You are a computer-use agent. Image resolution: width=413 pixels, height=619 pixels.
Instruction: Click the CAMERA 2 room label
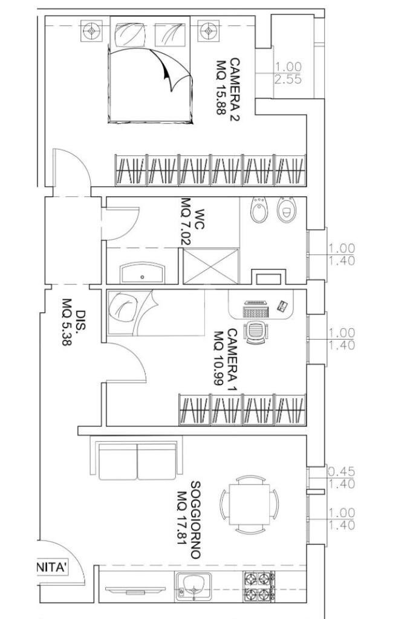tap(235, 89)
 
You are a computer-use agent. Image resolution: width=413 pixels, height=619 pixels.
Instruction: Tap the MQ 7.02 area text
tap(186, 221)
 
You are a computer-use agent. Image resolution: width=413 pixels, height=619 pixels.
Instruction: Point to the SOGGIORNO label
tap(195, 519)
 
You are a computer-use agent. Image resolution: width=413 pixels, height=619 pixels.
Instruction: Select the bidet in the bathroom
tap(259, 210)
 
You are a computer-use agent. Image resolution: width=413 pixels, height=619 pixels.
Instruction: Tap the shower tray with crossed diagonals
tap(212, 266)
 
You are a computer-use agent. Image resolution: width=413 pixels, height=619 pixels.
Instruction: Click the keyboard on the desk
tap(256, 309)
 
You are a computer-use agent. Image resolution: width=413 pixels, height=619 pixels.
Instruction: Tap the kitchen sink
tap(193, 587)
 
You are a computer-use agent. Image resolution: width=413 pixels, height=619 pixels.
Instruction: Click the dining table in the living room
tap(250, 505)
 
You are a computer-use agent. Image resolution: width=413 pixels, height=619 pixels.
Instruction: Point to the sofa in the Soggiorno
tap(137, 458)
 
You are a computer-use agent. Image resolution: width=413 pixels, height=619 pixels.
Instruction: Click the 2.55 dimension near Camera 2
tap(288, 79)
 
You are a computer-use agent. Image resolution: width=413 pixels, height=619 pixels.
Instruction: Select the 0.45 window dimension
tap(342, 472)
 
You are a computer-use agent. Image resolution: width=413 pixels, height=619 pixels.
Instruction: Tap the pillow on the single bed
tap(124, 307)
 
